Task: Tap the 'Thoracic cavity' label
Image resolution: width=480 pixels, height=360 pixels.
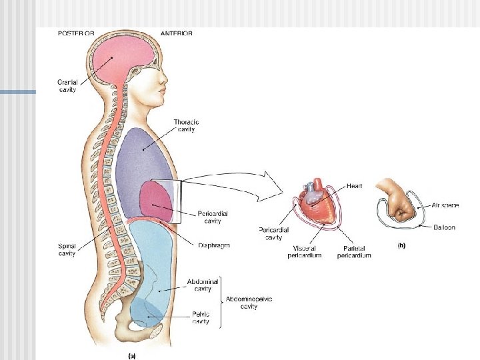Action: [186, 126]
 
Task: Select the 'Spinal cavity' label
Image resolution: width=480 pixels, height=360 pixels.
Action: [66, 249]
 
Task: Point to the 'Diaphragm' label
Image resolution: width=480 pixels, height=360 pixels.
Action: [214, 245]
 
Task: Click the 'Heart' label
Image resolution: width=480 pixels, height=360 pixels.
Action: [355, 186]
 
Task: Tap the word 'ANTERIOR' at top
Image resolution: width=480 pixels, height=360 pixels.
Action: [177, 33]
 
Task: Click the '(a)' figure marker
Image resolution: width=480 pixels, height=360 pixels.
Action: [131, 355]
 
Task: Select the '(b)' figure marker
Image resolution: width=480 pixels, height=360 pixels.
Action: [401, 245]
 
